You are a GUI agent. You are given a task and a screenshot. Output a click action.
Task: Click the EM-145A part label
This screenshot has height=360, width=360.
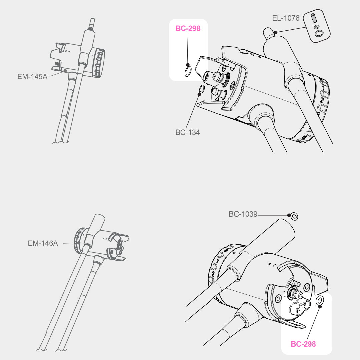click(32, 76)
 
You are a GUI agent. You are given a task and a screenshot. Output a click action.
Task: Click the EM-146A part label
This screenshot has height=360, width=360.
click(43, 243)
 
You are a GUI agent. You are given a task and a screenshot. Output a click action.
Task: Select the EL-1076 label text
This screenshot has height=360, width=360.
click(286, 18)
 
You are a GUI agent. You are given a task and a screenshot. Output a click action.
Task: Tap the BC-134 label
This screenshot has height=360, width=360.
click(188, 132)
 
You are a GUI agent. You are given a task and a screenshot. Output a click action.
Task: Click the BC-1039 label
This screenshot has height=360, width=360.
click(243, 214)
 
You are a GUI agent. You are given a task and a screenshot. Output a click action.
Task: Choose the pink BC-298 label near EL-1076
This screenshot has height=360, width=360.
click(188, 28)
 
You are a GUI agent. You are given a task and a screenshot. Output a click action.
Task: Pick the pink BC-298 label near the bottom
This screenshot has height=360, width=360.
click(303, 344)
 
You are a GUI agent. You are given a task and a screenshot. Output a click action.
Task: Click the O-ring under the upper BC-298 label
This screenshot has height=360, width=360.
click(188, 71)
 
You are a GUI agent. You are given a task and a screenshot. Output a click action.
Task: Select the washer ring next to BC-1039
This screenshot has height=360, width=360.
click(294, 216)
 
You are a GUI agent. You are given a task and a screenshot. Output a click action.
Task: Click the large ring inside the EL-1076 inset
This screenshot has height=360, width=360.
click(319, 33)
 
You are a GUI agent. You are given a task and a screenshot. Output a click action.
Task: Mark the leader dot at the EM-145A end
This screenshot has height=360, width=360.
click(65, 71)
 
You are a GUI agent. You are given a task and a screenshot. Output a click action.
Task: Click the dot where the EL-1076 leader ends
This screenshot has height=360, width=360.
click(276, 32)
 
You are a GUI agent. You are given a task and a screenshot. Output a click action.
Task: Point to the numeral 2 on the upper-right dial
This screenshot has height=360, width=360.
click(322, 100)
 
